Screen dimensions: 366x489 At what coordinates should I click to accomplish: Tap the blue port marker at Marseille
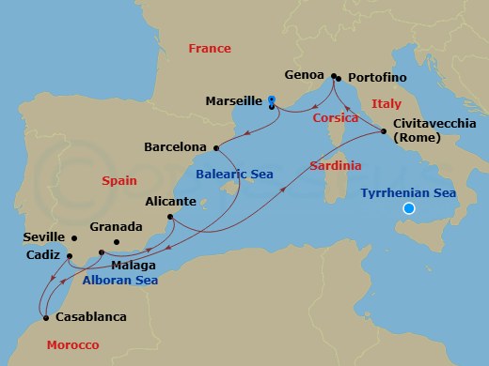[271, 99]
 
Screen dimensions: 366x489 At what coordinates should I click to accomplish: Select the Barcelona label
[176, 147]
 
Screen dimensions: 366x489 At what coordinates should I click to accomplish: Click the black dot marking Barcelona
[217, 147]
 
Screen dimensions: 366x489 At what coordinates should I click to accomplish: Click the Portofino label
[376, 77]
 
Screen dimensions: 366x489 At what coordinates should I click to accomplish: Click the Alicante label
[171, 201]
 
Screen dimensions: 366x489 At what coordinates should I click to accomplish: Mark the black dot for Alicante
[171, 218]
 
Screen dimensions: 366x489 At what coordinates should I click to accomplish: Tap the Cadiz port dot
[70, 255]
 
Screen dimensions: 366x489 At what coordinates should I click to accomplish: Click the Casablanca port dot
[45, 316]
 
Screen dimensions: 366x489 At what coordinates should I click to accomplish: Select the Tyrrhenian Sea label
[408, 192]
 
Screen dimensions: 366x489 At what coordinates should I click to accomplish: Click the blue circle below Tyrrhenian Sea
[409, 209]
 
